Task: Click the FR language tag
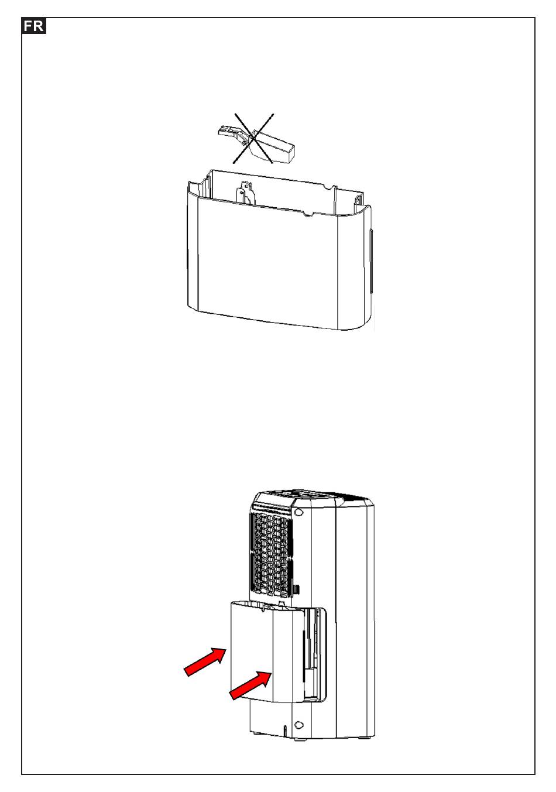tap(33, 26)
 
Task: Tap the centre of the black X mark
tap(253, 139)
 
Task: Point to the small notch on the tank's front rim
tap(308, 214)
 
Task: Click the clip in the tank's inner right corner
tap(358, 202)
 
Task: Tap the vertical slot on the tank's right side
tap(371, 261)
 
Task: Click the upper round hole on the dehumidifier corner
tap(298, 512)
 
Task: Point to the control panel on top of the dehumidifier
tap(311, 494)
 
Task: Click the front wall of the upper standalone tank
tap(267, 261)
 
